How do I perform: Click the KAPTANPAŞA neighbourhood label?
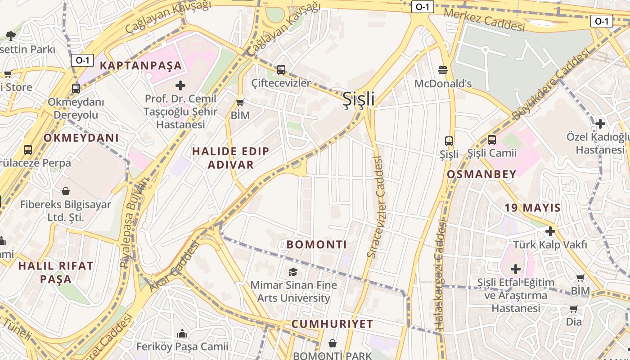tap(141, 66)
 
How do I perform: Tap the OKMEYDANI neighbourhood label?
tap(81, 138)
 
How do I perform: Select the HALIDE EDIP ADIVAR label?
tap(231, 158)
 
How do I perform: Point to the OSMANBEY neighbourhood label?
tap(481, 175)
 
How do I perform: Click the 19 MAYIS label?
tap(532, 208)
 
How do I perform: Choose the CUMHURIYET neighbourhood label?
tap(332, 324)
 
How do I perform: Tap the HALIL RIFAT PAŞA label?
tap(56, 272)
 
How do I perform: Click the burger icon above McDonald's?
tap(443, 70)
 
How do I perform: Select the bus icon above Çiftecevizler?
tap(281, 70)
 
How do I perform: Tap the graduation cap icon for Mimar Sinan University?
tap(293, 272)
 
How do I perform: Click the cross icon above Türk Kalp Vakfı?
tap(550, 231)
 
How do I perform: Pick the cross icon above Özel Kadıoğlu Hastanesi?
tap(600, 123)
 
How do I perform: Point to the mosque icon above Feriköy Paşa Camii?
tap(182, 333)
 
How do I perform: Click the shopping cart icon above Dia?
tap(573, 309)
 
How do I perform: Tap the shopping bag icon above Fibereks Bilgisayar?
tap(66, 191)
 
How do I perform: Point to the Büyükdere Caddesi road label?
tap(551, 85)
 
